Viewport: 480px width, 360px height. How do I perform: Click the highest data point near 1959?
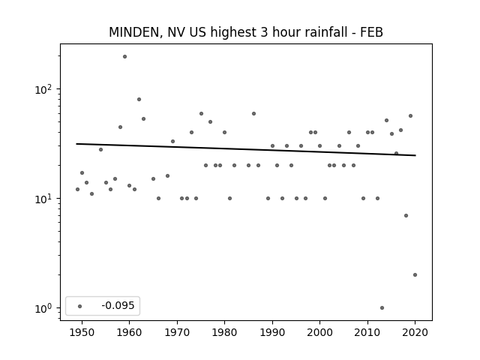coord(124,57)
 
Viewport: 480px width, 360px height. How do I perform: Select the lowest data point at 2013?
coord(382,307)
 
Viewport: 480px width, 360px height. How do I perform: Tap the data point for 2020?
coord(415,275)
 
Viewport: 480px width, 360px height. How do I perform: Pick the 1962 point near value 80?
coord(139,99)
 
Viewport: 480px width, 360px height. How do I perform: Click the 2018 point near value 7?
coord(406,215)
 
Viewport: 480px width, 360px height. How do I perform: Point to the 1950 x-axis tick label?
coord(82,332)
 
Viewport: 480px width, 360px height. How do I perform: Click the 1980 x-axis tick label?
coord(224,332)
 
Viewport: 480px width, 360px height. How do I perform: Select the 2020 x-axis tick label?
coord(415,332)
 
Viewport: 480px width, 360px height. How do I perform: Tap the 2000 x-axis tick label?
coord(320,332)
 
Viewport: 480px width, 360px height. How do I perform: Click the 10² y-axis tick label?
coord(43,90)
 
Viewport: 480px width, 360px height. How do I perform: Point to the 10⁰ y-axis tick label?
coord(43,308)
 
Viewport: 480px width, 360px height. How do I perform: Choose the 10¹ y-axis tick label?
coord(43,199)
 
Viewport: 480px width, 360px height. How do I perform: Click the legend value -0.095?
coord(118,305)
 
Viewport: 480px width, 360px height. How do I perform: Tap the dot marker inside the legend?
coord(80,306)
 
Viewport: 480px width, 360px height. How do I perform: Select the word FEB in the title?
coord(371,32)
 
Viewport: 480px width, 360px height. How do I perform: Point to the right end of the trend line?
coord(415,155)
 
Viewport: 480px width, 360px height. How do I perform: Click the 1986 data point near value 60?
coord(253,113)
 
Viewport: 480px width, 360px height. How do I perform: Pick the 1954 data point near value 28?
coord(100,150)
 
